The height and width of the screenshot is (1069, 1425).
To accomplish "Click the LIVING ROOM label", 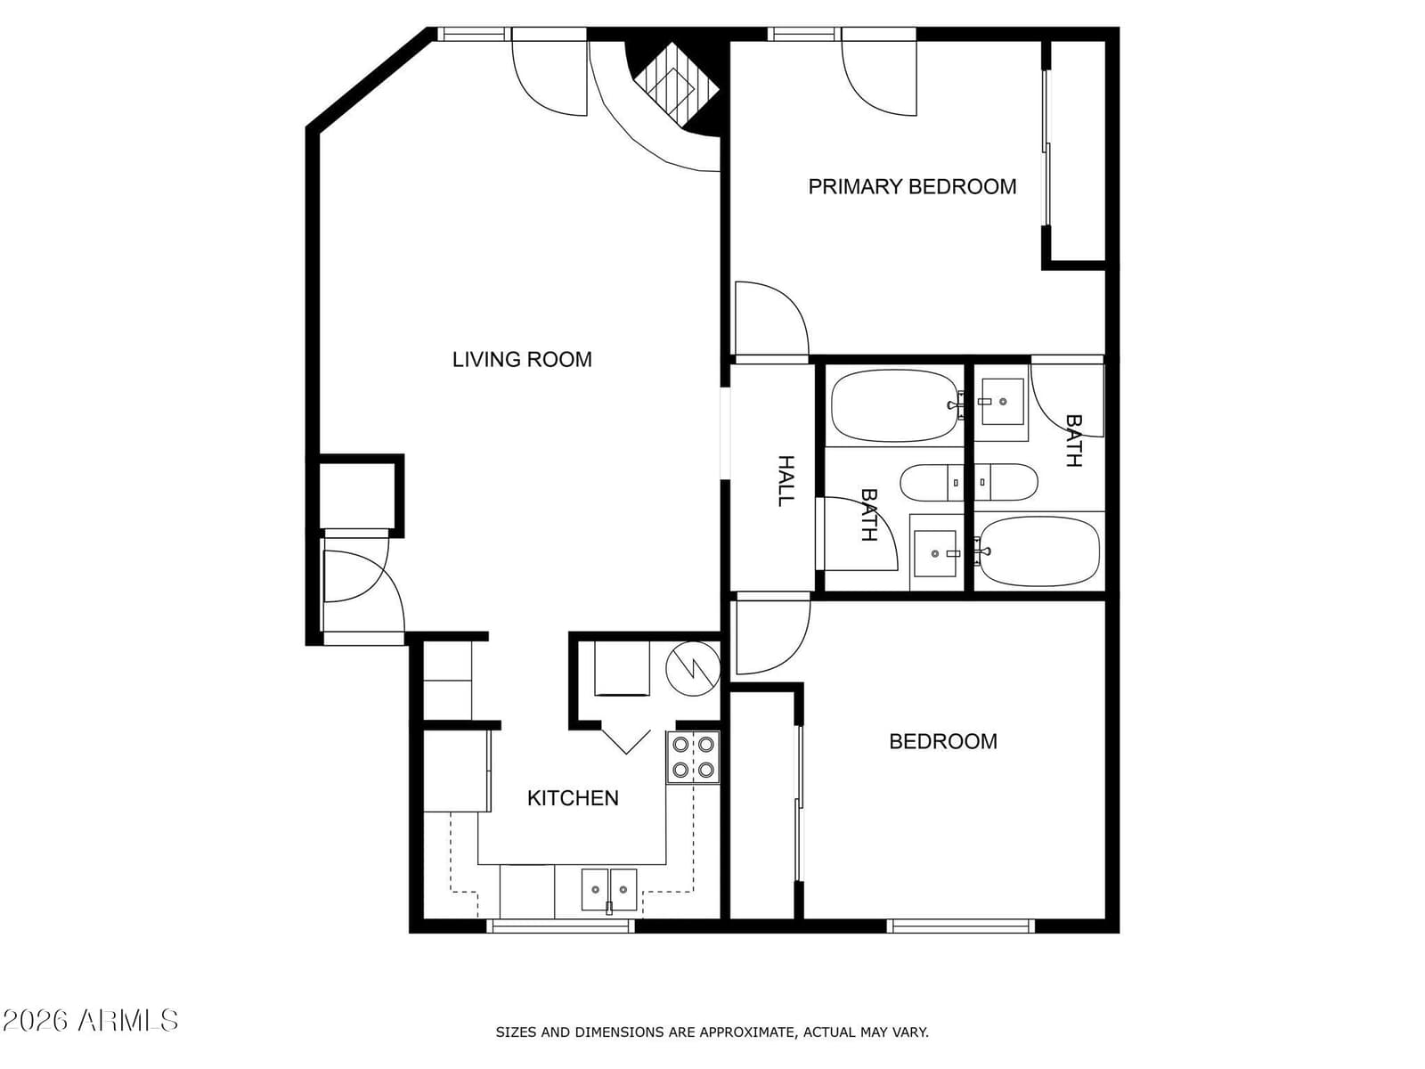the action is pos(522,360).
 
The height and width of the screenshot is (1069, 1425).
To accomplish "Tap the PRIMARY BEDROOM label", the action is pos(912,187).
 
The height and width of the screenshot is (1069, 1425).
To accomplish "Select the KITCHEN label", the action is pos(573,798).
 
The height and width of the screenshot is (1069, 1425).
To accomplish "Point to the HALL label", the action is pos(786,481).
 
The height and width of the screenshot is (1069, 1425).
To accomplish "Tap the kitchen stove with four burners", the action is pos(693,757).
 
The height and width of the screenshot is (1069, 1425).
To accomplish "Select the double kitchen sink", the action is pos(609,890).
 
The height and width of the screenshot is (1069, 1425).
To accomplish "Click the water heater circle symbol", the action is pos(693,669).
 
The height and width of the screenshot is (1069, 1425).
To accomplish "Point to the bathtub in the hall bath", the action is pos(896,405).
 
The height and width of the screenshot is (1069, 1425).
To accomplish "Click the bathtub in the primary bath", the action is pos(1038,551).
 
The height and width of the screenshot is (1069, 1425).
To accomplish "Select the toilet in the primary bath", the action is pos(1006,482).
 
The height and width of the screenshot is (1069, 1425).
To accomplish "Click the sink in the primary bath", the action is pos(1002,402).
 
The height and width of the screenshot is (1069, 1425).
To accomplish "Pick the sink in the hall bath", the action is pos(935,553).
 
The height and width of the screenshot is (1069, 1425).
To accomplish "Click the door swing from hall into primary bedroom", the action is pos(772,318).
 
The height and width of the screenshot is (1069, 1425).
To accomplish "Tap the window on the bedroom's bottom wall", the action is pos(961,926).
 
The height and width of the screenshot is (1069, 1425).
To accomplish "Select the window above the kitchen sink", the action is pos(560,926).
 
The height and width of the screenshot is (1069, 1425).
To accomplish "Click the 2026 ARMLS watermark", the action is pos(90,1021).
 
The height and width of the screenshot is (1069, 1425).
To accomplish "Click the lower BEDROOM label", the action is pos(942,741).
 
